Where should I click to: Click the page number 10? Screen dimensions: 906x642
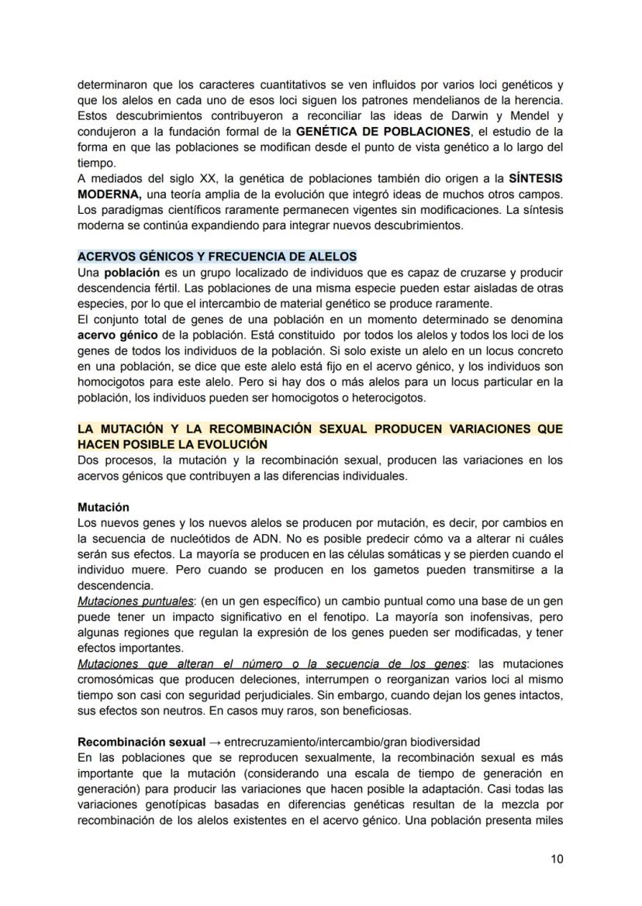pos(557,858)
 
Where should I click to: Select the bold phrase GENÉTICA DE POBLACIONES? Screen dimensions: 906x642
pos(383,131)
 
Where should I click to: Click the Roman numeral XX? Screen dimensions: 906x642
pos(207,178)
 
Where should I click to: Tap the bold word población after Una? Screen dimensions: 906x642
pos(132,273)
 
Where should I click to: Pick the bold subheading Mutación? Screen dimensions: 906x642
pos(103,507)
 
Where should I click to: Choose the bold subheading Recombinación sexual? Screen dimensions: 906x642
pos(141,742)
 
